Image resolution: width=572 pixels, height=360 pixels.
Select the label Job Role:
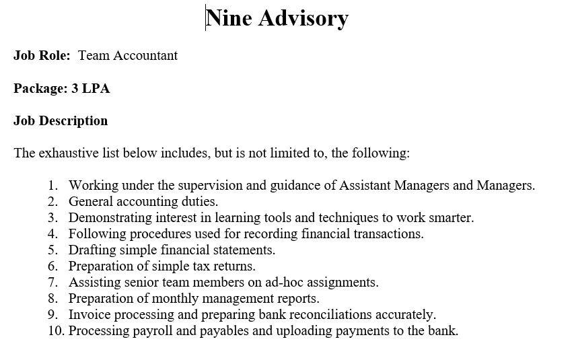pyautogui.click(x=42, y=56)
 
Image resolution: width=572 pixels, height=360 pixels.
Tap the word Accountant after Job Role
pyautogui.click(x=145, y=56)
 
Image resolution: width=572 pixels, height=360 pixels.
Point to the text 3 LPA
pyautogui.click(x=91, y=88)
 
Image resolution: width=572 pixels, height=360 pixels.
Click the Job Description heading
pyautogui.click(x=61, y=121)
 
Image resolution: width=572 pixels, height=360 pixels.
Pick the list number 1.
pyautogui.click(x=52, y=185)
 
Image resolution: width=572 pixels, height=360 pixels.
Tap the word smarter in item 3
pyautogui.click(x=452, y=217)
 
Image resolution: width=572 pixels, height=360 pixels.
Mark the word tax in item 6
pyautogui.click(x=199, y=266)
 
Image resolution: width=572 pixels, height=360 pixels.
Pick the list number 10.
pyautogui.click(x=56, y=331)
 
